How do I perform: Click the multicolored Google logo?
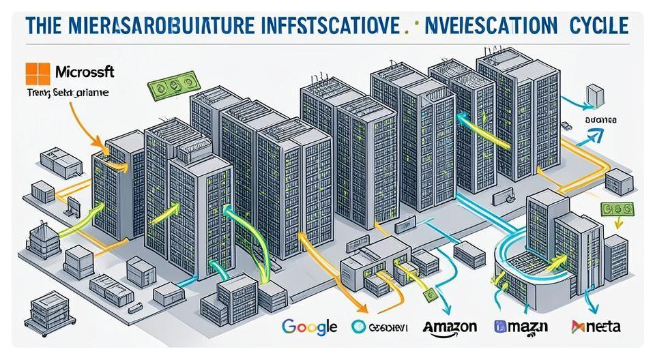coord(308,327)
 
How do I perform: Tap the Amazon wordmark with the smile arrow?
coord(449,327)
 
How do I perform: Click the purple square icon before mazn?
coord(499,327)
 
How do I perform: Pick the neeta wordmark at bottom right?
coord(597,327)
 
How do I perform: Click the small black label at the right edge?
coord(600,120)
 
